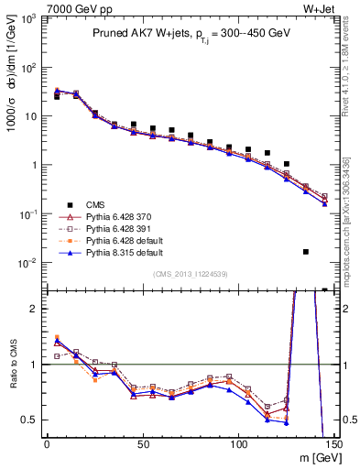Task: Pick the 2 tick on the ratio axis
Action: (33, 309)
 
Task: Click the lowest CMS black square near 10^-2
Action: (306, 251)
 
